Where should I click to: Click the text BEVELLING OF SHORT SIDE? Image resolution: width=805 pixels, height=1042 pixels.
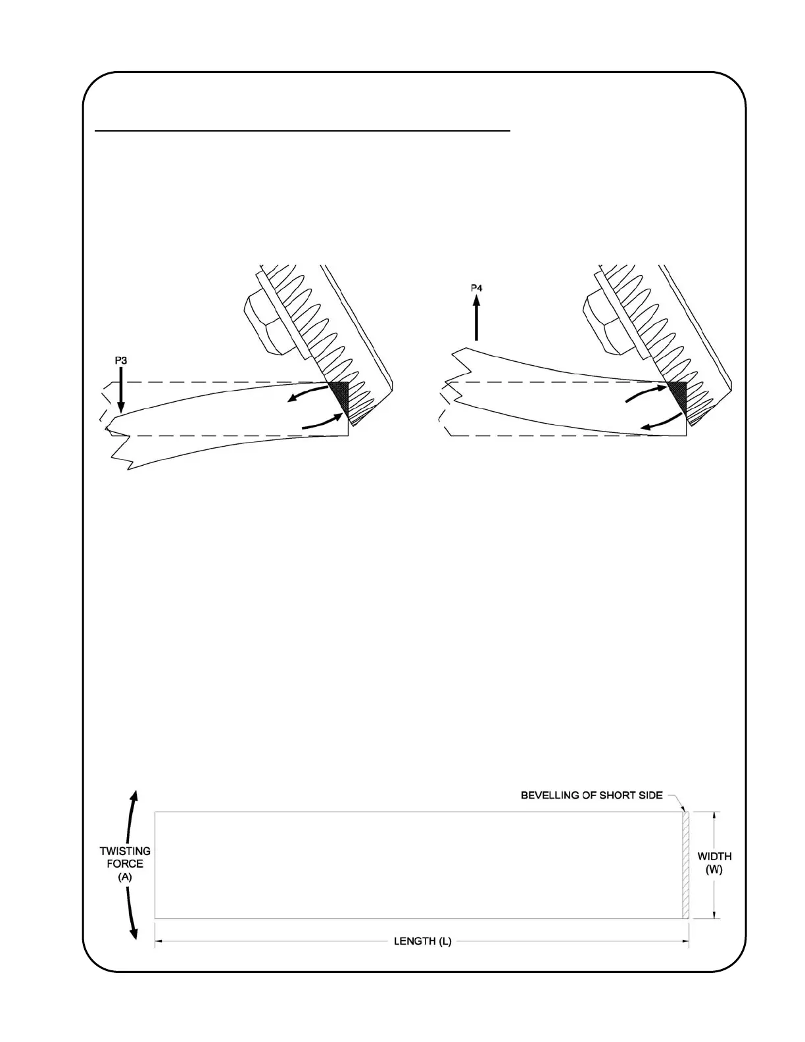591,795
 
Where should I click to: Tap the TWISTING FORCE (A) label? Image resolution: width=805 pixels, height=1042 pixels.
125,863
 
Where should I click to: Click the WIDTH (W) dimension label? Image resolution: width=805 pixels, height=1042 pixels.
714,863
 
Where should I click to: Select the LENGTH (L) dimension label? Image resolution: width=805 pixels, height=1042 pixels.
422,941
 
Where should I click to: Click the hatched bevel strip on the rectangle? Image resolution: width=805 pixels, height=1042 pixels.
685,864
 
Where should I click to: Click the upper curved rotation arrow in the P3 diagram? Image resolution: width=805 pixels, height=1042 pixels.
308,393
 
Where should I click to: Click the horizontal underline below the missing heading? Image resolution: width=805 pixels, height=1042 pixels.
303,131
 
